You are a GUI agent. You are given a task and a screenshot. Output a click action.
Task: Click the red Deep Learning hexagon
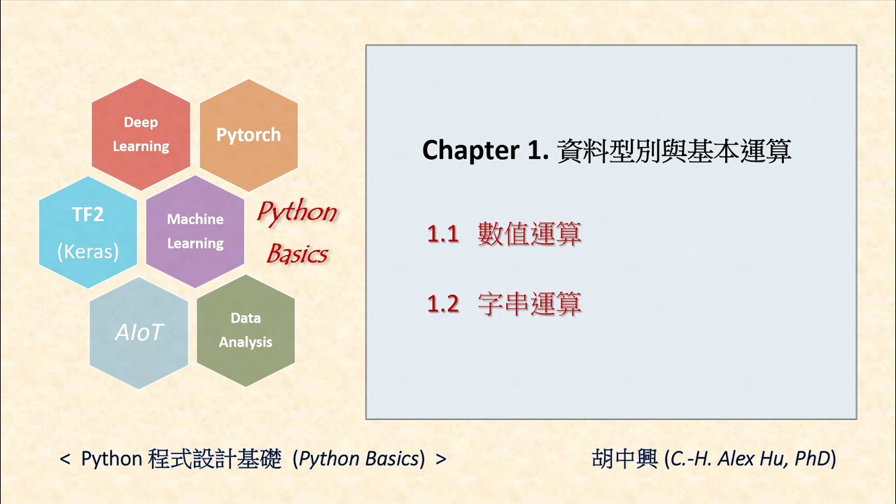[x=141, y=134]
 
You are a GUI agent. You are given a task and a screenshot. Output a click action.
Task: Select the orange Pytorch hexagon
[x=248, y=134]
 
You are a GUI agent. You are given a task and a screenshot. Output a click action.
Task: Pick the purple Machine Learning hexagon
[x=195, y=231]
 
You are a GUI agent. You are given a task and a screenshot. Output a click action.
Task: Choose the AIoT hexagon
[x=139, y=332]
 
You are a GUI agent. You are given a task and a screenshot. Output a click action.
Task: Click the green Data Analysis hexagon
[x=246, y=330]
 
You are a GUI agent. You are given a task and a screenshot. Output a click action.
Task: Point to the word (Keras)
[x=87, y=251]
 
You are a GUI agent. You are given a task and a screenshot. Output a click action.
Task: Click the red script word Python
[x=296, y=212]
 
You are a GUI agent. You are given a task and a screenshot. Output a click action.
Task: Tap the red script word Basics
[x=297, y=254]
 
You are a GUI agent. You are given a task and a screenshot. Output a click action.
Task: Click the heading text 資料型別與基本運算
[x=673, y=150]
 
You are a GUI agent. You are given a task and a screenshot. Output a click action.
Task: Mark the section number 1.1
[x=442, y=234]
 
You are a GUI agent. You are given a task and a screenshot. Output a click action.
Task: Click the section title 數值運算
[x=529, y=234]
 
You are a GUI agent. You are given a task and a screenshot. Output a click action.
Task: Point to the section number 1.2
[x=442, y=304]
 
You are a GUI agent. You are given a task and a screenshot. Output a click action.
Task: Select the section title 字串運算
[x=529, y=304]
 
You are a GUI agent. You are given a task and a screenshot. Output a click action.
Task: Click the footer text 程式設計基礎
[x=215, y=459]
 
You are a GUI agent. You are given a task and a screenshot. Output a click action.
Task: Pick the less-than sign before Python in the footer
[x=65, y=460]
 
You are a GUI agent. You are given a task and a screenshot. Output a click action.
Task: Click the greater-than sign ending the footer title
[x=440, y=460]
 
